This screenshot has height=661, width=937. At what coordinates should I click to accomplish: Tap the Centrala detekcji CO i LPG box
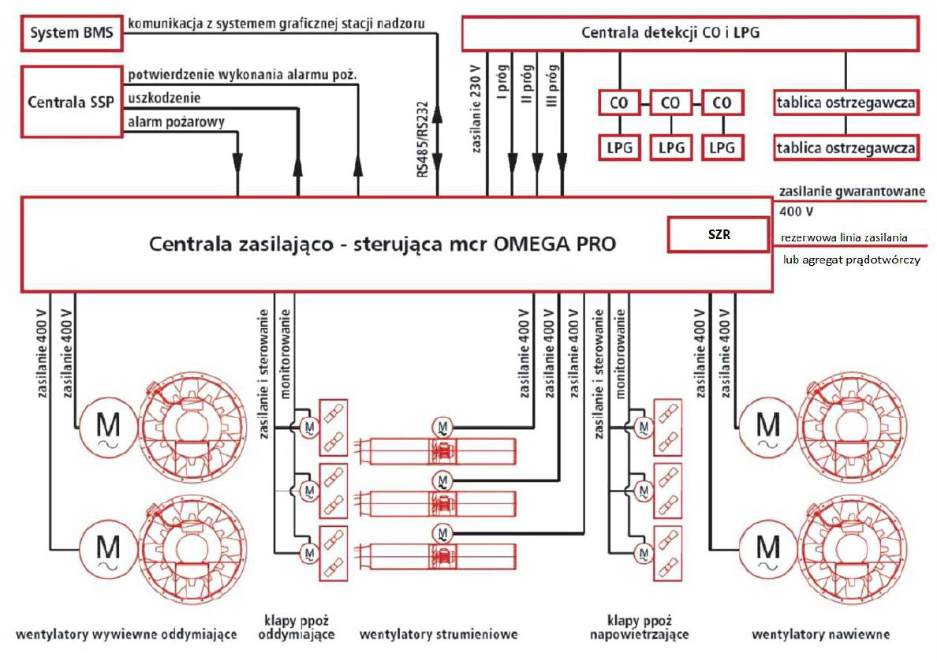pos(689,33)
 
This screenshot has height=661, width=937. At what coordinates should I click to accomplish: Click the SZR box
pos(717,235)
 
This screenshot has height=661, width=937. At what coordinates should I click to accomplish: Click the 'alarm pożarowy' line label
pos(176,122)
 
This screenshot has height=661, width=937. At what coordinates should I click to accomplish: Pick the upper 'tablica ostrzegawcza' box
pos(846,103)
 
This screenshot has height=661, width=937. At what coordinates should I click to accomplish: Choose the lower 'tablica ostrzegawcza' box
pos(846,148)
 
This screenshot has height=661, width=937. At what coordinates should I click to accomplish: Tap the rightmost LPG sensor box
pos(722,148)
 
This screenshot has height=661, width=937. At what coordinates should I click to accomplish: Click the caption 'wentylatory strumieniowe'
pos(438,634)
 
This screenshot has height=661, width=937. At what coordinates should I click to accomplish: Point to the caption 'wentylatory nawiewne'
pos(820,634)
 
